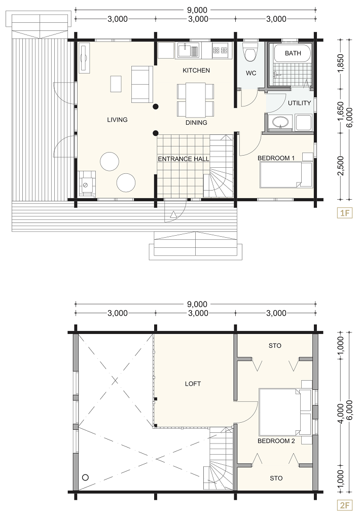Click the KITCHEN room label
pos(196,70)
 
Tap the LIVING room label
pos(117,120)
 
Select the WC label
pos(251,73)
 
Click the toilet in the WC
pos(250,52)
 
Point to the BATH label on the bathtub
pos(293,53)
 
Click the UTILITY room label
pos(299,103)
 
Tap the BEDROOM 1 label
pos(276,158)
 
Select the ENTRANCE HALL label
pos(184,159)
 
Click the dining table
pos(195,100)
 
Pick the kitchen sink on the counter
pos(188,50)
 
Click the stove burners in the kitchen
pos(221,50)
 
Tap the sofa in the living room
pos(142,84)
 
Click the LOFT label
pos(193,384)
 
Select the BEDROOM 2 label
pos(276,441)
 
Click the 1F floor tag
pos(345,212)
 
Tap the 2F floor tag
pos(345,505)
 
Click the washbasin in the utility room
pos(280,122)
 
